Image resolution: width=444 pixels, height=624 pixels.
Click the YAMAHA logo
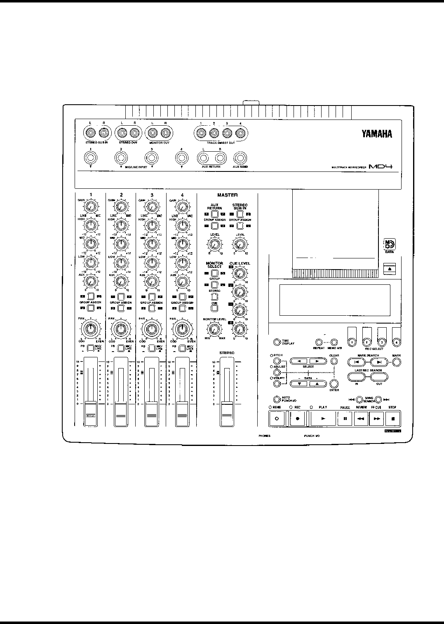tap(377, 134)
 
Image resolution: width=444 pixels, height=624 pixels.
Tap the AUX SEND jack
tap(240, 158)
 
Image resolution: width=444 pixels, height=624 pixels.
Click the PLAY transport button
tap(322, 418)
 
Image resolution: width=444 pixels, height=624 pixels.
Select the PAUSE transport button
tap(345, 418)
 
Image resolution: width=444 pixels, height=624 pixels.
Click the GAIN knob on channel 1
tap(91, 206)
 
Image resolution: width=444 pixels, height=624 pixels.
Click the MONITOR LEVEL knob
tap(214, 329)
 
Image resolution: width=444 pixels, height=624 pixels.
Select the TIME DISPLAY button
tap(277, 342)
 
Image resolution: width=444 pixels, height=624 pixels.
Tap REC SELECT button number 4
tap(397, 342)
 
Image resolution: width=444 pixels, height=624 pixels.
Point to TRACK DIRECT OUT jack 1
tap(201, 133)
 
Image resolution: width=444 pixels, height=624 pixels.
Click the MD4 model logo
tap(380, 167)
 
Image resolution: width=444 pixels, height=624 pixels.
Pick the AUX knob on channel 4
tap(181, 282)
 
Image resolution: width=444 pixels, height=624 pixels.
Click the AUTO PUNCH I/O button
tap(277, 399)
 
